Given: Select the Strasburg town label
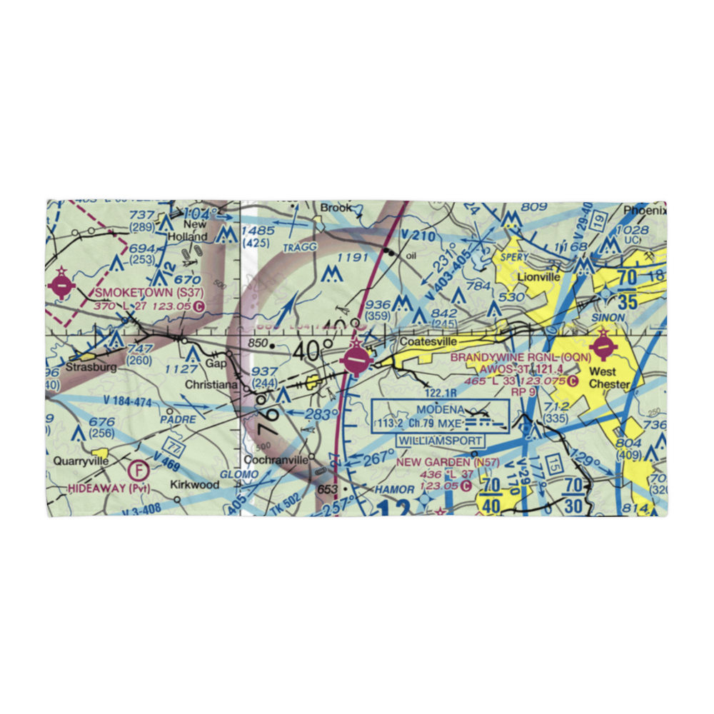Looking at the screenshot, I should click(x=90, y=368).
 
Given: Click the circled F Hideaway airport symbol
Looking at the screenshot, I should click(x=139, y=471).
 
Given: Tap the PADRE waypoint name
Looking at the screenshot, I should click(x=178, y=420).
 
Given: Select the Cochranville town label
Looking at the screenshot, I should click(x=276, y=460).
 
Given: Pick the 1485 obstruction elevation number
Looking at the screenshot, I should click(x=258, y=230).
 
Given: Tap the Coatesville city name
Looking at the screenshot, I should click(x=428, y=342).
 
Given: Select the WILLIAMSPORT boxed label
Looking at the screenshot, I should click(x=440, y=441).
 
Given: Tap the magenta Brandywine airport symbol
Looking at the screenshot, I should click(x=604, y=348).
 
